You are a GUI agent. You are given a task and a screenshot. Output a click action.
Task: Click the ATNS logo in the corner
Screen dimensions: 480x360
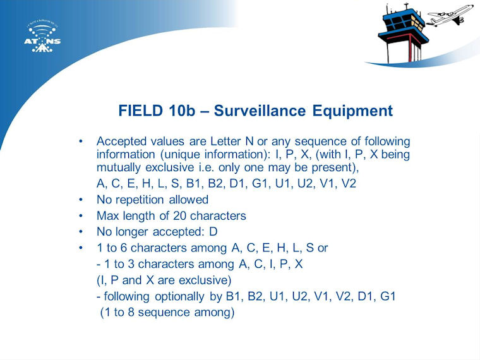point(42,37)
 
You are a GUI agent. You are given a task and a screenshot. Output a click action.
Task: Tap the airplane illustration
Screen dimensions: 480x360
point(450,15)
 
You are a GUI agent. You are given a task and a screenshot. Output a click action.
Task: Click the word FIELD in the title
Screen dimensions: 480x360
point(140,111)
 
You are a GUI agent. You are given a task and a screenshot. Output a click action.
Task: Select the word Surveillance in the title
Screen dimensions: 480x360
point(260,111)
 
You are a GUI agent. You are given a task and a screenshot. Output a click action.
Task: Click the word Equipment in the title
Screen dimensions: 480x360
point(352,111)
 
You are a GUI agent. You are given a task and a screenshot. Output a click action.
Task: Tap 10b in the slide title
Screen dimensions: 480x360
point(181,111)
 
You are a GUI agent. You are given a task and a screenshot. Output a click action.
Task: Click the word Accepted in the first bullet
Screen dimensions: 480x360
point(121,141)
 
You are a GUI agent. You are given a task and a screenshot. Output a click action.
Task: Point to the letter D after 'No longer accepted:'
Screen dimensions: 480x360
point(213,232)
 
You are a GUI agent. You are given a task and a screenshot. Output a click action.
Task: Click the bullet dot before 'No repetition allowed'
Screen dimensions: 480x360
point(80,200)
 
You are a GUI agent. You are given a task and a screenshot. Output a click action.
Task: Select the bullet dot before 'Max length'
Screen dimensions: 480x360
point(80,216)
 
